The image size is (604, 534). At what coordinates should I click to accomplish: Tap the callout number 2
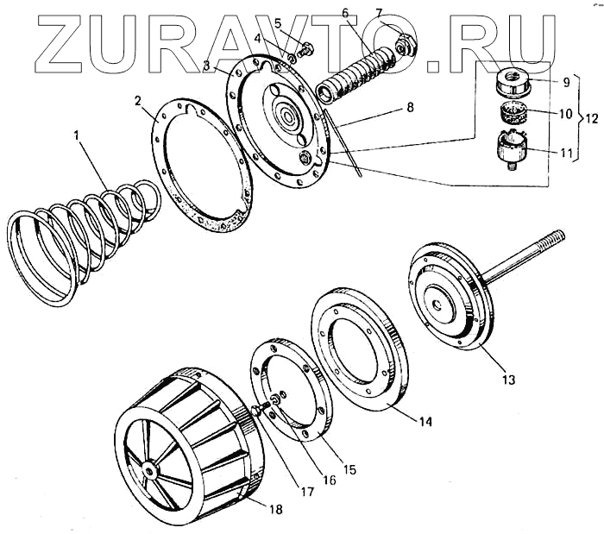pyautogui.click(x=138, y=100)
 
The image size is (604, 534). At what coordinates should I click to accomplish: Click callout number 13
pyautogui.click(x=507, y=380)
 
